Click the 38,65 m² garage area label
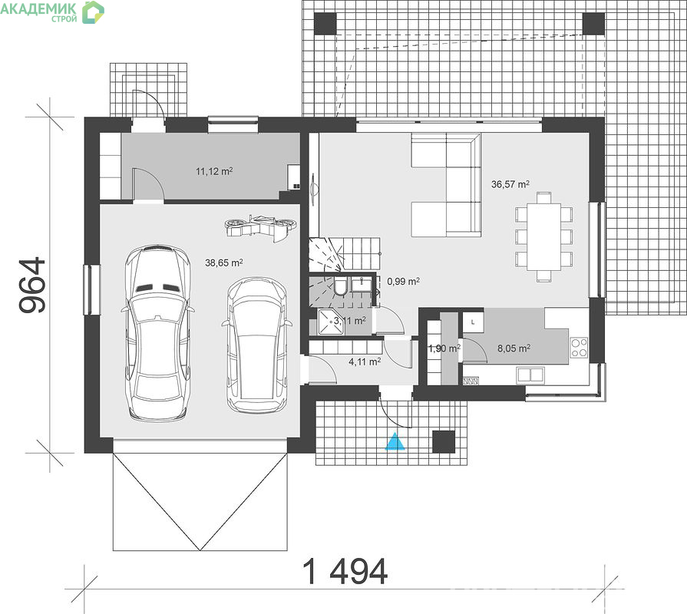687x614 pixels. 224,262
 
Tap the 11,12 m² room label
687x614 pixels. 214,171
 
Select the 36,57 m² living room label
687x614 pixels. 510,184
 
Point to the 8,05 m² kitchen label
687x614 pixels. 514,348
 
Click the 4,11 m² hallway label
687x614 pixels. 365,361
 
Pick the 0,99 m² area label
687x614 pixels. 404,282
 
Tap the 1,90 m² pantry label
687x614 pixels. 444,348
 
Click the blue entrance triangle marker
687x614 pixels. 395,441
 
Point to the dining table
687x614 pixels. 543,237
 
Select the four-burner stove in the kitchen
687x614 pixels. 580,348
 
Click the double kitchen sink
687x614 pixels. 530,375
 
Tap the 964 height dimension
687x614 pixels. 33,285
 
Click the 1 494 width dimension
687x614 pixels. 345,572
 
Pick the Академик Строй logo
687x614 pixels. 52,12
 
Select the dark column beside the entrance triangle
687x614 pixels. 444,441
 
